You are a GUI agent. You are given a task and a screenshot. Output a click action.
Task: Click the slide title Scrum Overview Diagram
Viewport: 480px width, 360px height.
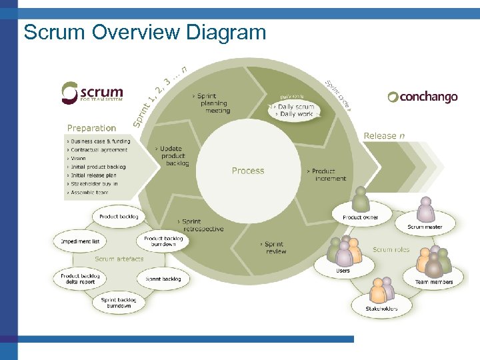pos(145,32)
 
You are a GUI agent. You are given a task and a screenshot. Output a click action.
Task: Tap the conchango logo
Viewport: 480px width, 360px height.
pos(423,97)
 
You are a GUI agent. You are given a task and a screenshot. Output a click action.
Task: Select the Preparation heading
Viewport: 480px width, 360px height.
pos(91,128)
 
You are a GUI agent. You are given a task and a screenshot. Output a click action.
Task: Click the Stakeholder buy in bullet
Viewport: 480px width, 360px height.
pos(95,183)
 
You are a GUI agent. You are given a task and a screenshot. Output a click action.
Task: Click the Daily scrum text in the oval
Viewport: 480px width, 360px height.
pos(295,107)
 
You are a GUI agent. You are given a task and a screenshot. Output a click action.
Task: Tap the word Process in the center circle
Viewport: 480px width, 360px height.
pos(248,171)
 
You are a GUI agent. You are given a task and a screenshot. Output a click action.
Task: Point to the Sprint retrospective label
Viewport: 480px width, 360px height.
pos(202,225)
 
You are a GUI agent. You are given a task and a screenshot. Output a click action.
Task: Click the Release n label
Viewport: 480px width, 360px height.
pos(384,135)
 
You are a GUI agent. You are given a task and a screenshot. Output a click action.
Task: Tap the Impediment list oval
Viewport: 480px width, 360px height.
pos(80,241)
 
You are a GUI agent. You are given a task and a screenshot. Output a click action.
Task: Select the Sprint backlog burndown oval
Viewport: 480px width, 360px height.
pos(119,303)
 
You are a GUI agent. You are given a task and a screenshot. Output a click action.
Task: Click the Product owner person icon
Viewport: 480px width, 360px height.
pos(361,200)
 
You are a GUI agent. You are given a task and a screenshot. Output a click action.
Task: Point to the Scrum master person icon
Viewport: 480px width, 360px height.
pos(425,210)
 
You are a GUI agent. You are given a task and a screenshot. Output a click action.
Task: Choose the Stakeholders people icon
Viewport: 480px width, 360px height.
pos(381,292)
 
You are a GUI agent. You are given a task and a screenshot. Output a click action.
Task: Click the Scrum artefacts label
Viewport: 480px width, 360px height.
pos(119,259)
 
